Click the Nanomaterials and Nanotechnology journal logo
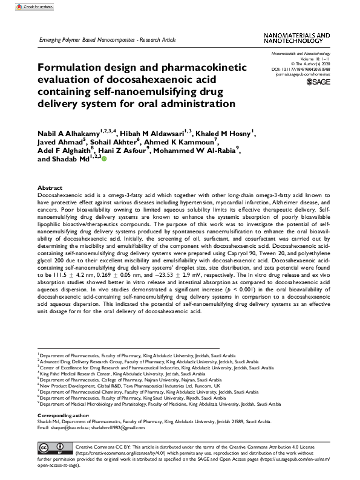coord(292,39)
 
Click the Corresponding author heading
coord(62,417)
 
